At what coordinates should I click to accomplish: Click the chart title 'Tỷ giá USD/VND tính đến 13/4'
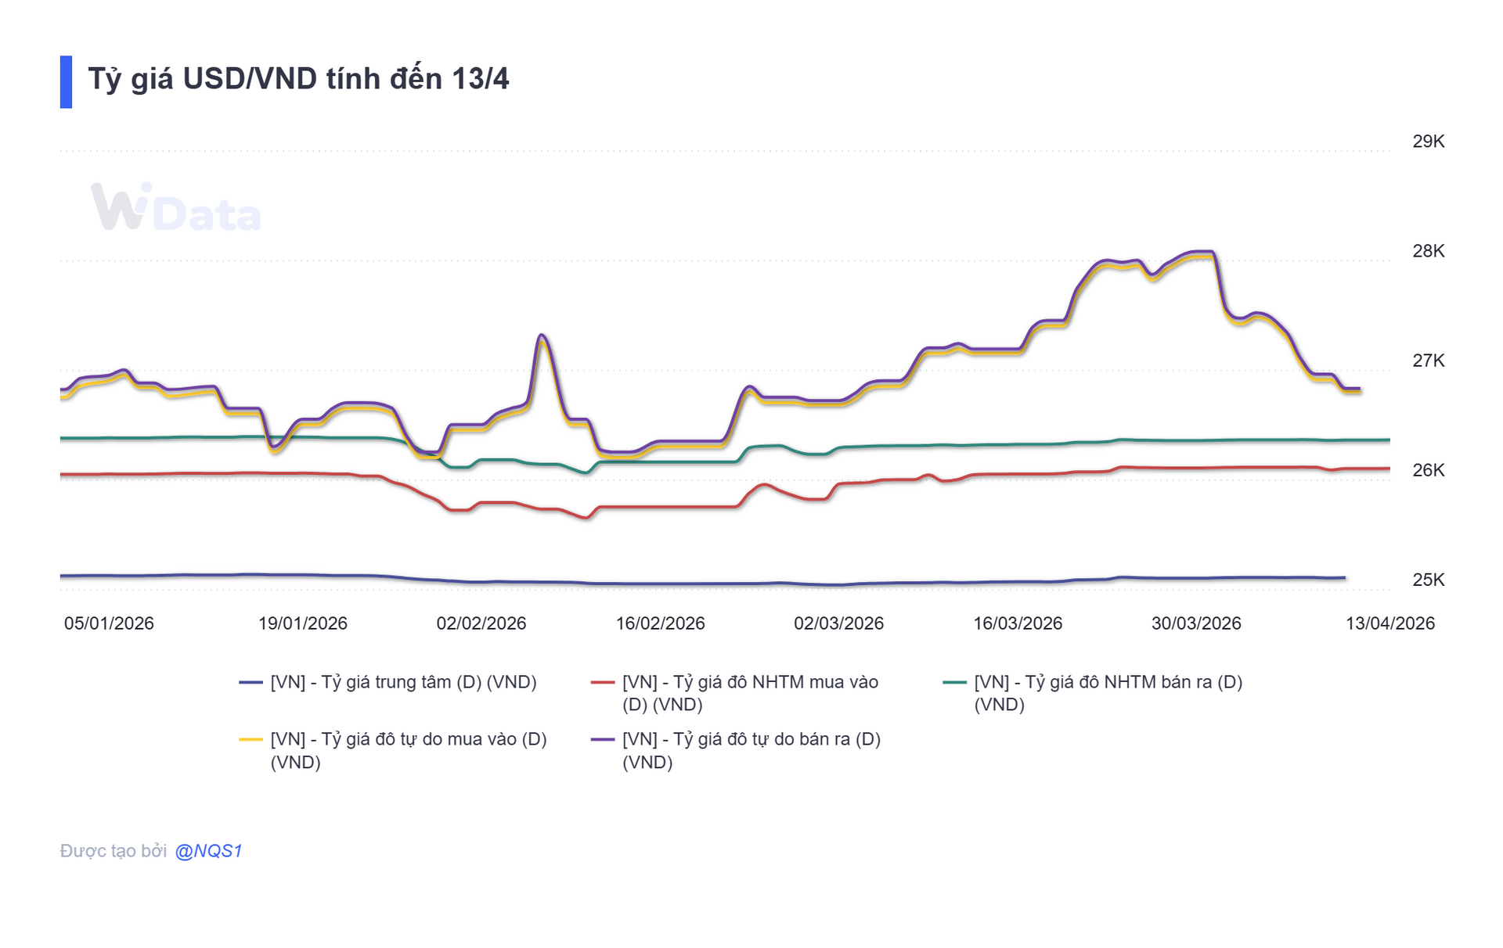298,79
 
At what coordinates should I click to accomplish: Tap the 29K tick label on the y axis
1428,142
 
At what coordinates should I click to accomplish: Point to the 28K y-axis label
1428,251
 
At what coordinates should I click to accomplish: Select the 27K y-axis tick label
1428,361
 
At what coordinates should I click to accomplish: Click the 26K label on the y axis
1428,470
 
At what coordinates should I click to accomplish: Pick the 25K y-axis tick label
1428,580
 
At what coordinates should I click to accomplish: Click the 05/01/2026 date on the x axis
109,623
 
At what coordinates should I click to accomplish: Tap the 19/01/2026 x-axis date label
303,623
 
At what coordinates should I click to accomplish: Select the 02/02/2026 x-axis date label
481,623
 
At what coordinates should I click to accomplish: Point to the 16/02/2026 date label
660,623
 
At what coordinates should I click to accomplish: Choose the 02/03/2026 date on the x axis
838,623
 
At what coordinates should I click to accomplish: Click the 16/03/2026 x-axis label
1018,623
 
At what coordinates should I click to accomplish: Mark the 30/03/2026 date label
1196,623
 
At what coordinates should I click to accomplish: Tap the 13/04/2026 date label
1389,623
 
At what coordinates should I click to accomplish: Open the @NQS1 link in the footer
208,851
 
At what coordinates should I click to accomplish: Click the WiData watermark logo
176,208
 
